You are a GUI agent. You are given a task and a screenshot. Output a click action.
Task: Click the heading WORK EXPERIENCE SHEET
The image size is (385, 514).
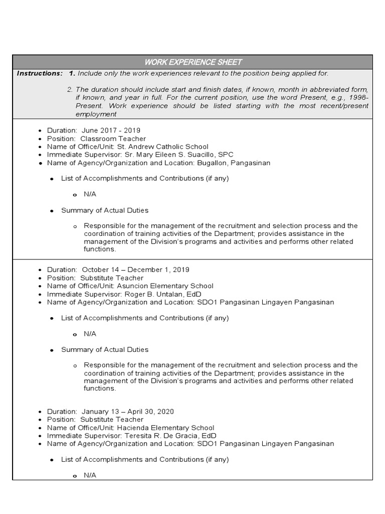coord(193,62)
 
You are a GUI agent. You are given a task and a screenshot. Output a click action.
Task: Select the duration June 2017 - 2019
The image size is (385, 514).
coord(108,131)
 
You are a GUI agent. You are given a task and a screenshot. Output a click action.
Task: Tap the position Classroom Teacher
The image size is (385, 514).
coord(113,139)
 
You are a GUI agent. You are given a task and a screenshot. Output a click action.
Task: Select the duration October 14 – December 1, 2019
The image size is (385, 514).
coord(135,270)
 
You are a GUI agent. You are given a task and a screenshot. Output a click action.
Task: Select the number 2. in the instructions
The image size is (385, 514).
coord(70,89)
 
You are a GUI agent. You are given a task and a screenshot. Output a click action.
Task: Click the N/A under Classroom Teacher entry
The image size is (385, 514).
coord(90,194)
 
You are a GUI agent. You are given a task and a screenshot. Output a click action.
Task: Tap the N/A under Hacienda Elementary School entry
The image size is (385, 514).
coord(90,475)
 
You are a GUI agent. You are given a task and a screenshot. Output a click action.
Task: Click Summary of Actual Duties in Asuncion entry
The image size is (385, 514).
coord(105,349)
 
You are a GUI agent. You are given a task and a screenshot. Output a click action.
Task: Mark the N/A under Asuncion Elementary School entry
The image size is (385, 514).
coord(90,334)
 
